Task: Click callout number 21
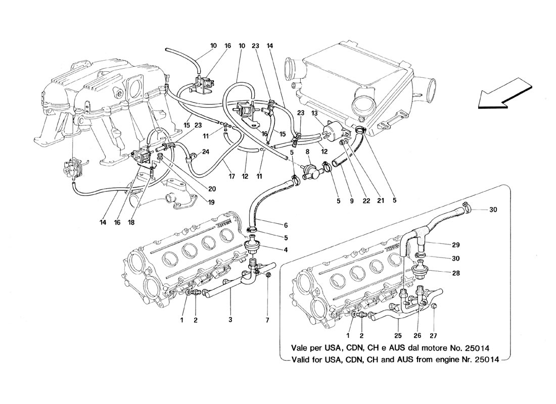click(x=380, y=200)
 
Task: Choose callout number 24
click(x=207, y=151)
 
